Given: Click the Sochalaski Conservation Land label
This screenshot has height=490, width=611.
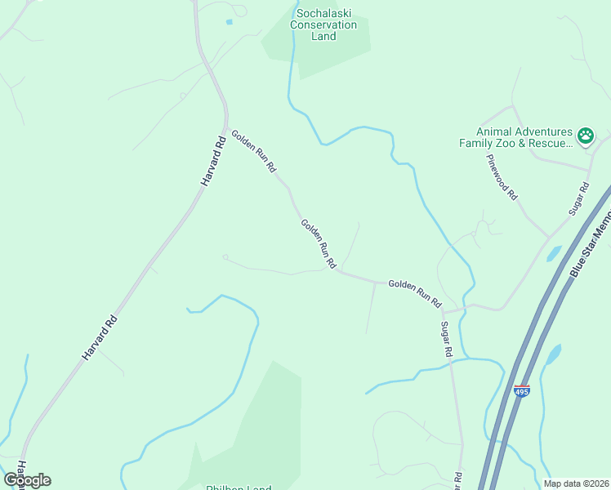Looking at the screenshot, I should [324, 25].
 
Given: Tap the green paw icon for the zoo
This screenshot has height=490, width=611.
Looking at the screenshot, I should [585, 136].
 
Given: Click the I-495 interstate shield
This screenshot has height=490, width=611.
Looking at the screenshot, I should [522, 391].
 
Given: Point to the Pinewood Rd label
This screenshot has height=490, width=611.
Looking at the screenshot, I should [502, 176].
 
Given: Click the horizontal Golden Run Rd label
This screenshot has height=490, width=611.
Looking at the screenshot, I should [414, 291].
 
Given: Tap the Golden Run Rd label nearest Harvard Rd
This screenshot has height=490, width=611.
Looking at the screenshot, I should [253, 152].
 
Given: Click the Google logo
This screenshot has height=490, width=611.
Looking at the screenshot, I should [27, 480].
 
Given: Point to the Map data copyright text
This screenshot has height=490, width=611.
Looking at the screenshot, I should [576, 483].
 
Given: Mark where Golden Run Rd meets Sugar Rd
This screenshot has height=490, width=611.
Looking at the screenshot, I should [442, 311].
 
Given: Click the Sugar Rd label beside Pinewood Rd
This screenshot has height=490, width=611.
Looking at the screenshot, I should [578, 199].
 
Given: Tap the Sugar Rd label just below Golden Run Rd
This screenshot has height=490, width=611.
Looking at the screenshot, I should [447, 340].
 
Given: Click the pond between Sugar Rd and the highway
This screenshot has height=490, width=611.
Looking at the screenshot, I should [553, 253].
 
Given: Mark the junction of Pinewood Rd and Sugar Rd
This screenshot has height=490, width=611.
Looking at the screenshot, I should [548, 237].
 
